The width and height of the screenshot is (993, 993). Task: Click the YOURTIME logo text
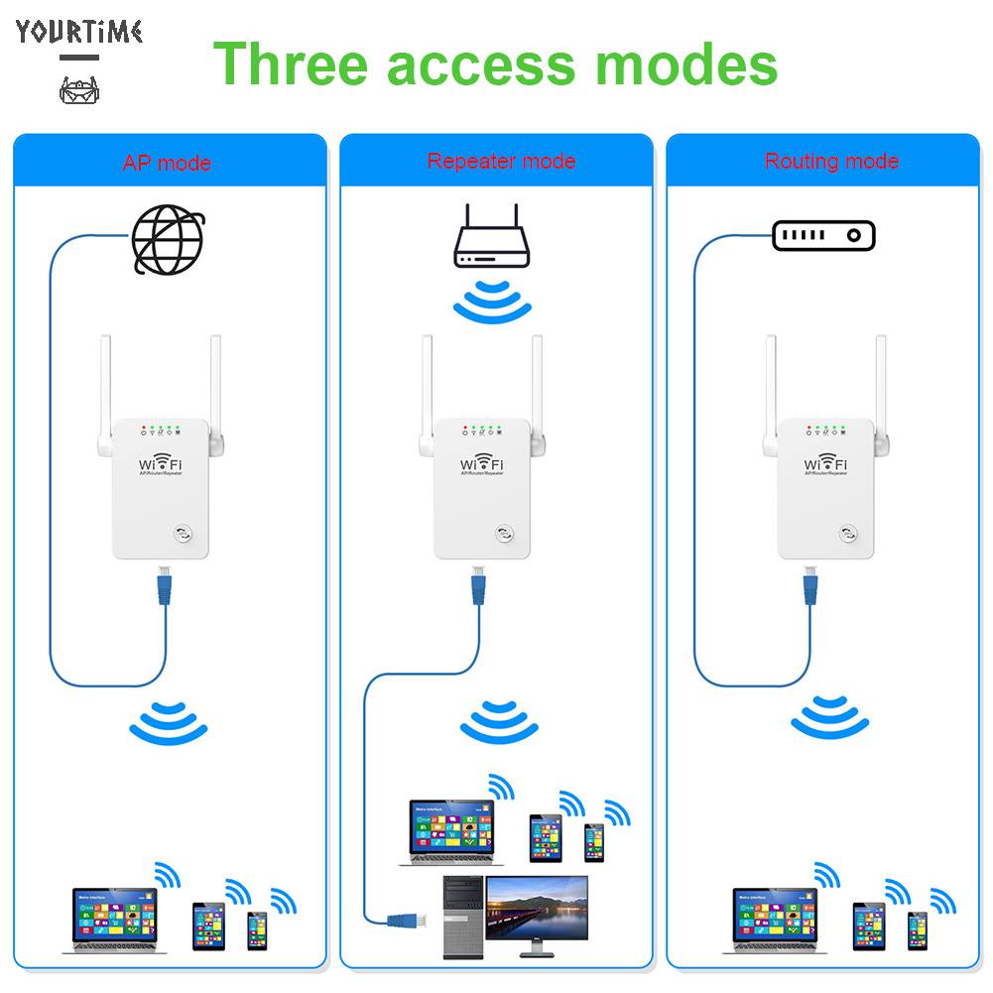point(79,32)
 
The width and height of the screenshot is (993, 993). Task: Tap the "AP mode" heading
point(167,163)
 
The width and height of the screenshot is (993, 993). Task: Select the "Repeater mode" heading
point(501,161)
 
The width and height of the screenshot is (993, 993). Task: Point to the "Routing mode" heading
point(831,161)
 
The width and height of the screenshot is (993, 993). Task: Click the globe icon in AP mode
point(170,239)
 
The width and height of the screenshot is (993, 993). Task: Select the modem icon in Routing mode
point(823,236)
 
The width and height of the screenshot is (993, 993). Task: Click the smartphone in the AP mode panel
point(257,931)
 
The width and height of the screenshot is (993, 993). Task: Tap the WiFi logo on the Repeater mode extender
point(481,464)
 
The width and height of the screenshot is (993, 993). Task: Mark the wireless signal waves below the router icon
point(492,304)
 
